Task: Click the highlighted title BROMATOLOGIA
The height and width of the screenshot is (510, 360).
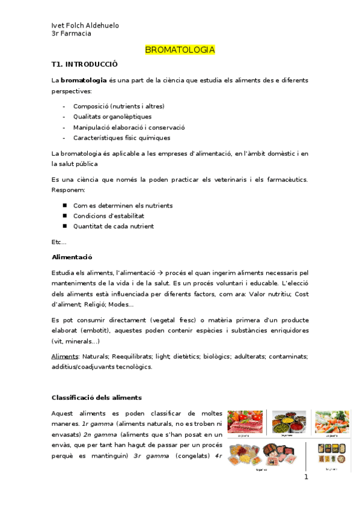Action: [180, 50]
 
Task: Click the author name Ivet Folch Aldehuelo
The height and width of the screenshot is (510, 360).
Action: [85, 25]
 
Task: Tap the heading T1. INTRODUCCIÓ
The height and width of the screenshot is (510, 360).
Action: [85, 64]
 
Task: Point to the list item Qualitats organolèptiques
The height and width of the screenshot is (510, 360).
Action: [112, 117]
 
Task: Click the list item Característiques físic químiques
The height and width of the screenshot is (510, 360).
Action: [121, 138]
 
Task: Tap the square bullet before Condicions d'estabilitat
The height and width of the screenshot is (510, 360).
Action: [64, 216]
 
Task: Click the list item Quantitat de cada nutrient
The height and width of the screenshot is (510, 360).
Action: [114, 226]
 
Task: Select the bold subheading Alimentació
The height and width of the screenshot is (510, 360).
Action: [72, 257]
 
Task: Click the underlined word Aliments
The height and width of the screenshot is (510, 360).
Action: [65, 357]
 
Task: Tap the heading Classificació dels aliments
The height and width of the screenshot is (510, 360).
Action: [96, 398]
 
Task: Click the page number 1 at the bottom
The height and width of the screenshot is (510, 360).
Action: [306, 478]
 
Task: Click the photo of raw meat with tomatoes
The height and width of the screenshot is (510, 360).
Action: [245, 422]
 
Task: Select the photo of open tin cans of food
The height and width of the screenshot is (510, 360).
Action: [289, 422]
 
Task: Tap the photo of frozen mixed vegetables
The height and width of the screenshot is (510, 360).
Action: [331, 422]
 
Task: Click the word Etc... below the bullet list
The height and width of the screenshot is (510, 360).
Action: [59, 242]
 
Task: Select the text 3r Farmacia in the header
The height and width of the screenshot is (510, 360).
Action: [72, 34]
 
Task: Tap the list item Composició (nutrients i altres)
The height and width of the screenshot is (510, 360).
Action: [118, 106]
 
